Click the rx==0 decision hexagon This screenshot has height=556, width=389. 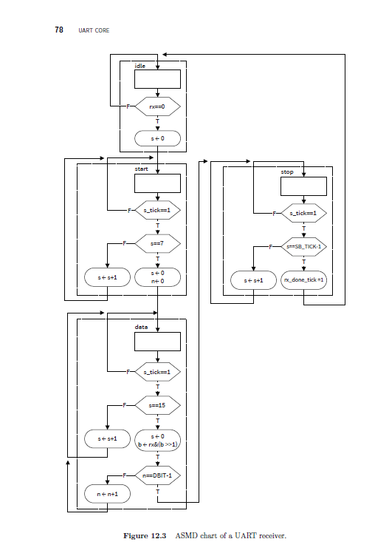157,106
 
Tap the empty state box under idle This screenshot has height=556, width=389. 157,79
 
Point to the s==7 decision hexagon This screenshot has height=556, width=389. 157,243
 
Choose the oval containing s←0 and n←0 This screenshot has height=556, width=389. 157,278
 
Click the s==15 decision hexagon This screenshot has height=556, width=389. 157,406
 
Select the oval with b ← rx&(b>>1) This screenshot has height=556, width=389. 157,441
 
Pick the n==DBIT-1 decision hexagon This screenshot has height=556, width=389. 157,476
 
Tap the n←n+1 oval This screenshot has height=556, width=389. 108,491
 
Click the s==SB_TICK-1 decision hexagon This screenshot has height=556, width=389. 303,246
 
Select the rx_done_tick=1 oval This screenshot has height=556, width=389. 303,280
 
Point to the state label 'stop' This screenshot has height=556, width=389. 287,172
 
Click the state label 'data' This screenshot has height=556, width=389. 141,327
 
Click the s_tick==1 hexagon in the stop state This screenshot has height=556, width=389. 303,214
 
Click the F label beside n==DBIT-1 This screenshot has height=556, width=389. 125,476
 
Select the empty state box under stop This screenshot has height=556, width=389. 303,186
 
